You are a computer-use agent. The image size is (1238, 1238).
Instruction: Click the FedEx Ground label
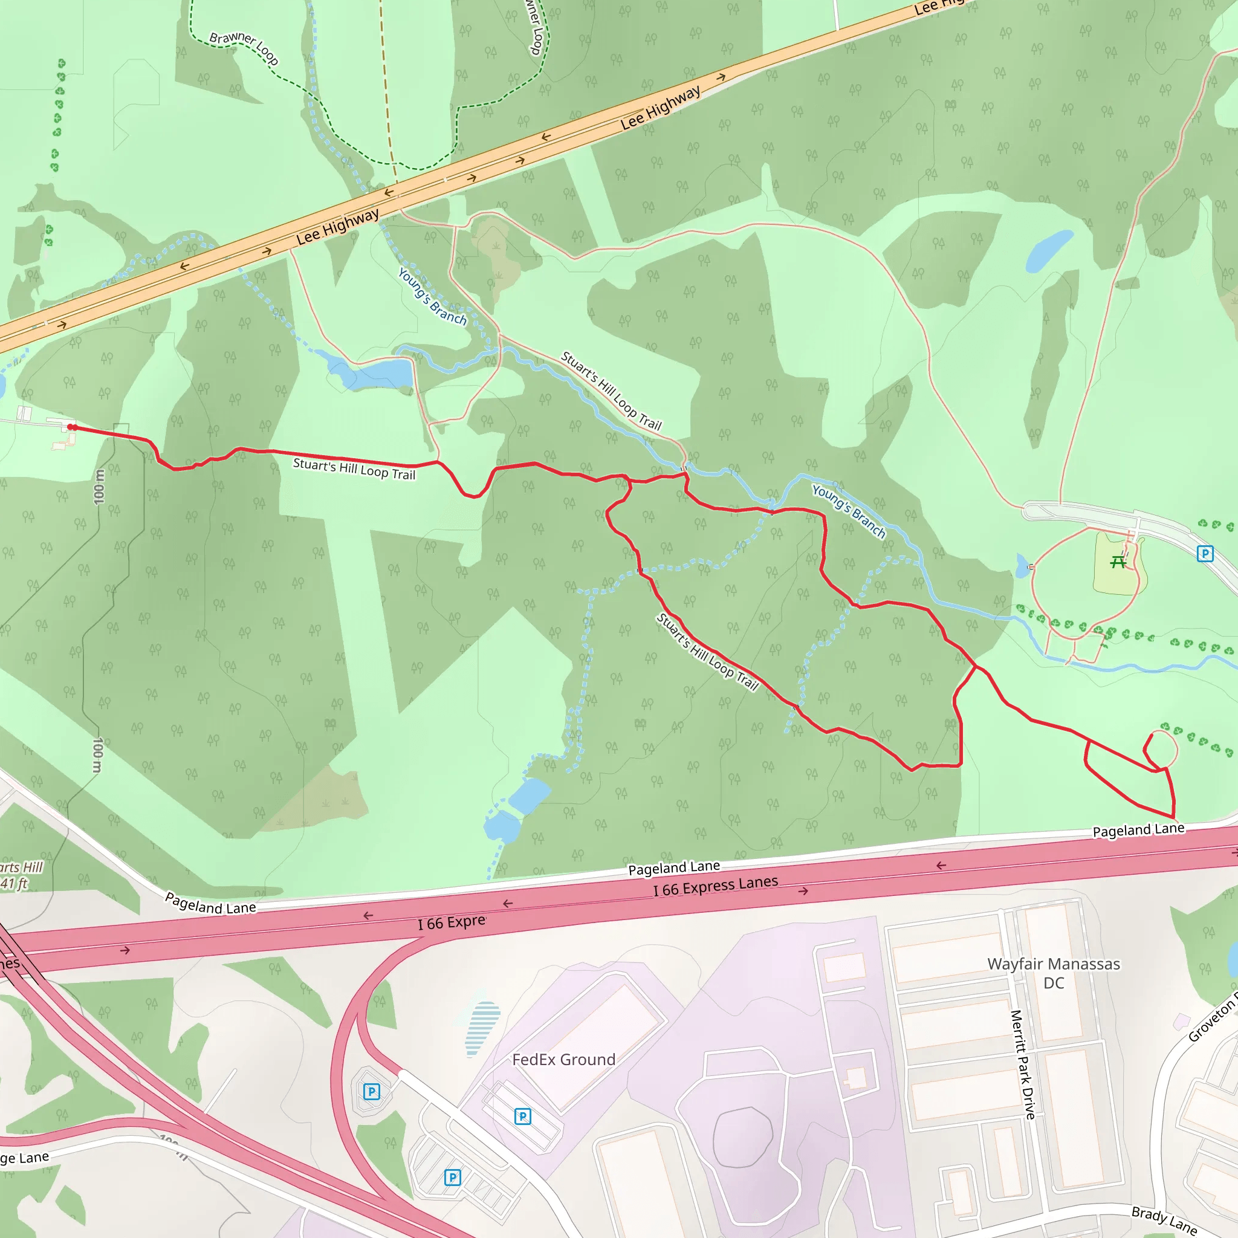[x=563, y=1059]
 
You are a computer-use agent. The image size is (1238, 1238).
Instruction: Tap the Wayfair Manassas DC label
[x=1054, y=973]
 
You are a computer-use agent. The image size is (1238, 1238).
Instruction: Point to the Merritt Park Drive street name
[x=1023, y=1065]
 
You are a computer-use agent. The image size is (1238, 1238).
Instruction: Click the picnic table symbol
[x=1118, y=562]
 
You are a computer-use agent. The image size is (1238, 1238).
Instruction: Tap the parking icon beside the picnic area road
[x=1205, y=554]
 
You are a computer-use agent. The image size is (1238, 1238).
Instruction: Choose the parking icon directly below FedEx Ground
[x=522, y=1117]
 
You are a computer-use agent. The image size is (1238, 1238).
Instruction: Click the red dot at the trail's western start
[x=72, y=427]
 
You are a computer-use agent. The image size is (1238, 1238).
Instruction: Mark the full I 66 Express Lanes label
[x=715, y=886]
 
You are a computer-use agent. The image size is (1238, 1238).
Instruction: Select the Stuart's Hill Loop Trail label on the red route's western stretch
[x=354, y=468]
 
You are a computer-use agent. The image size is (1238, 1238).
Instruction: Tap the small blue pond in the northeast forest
[x=1048, y=251]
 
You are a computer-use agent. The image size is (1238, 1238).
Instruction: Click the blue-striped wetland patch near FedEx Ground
[x=482, y=1028]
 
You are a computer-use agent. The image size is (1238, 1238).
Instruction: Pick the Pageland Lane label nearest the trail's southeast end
[x=1138, y=830]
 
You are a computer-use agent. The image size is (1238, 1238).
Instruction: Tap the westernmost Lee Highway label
[x=338, y=227]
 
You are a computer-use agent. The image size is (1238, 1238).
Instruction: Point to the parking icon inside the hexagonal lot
[x=372, y=1091]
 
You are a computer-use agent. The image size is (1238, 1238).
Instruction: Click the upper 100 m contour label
[x=99, y=487]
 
